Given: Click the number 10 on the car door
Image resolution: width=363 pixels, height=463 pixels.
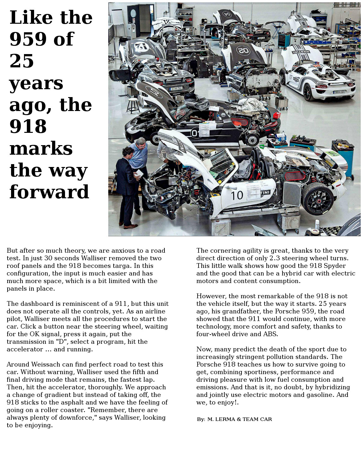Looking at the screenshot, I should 237,195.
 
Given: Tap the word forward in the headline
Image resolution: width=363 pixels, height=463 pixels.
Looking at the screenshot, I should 49,192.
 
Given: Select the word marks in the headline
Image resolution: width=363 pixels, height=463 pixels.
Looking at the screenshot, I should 41,148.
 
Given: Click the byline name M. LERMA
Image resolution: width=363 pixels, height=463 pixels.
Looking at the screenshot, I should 221,419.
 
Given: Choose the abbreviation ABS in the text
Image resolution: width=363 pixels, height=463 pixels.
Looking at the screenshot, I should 270,334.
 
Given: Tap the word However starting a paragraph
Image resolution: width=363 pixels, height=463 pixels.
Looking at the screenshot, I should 211,296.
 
